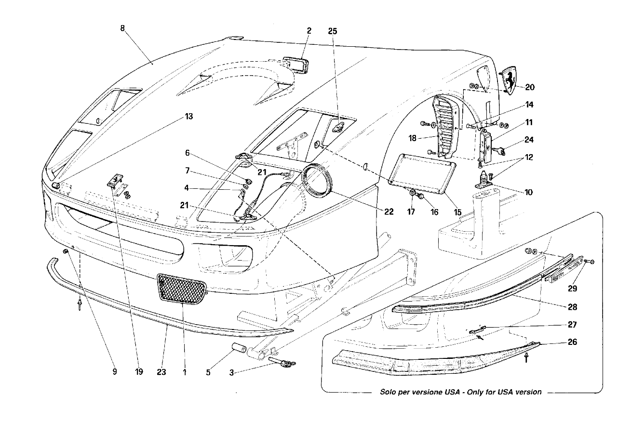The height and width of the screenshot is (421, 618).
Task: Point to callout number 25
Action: point(333,31)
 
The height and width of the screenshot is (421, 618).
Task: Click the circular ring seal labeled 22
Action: point(316,180)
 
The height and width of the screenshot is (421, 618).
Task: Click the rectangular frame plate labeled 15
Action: point(422,173)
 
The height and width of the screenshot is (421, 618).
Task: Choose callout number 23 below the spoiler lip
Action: point(161,372)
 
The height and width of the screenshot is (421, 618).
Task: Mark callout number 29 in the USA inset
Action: point(572,289)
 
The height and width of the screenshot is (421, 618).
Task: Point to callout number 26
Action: point(572,342)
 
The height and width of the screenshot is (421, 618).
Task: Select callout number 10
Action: point(529,192)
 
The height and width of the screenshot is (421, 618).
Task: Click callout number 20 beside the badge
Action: point(530,87)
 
